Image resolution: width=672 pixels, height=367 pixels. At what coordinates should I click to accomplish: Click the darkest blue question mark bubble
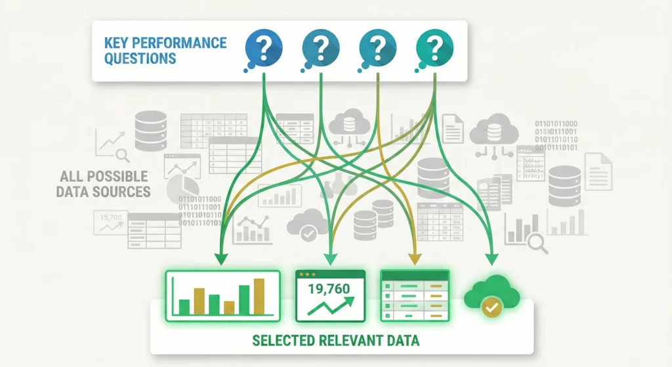point(263,47)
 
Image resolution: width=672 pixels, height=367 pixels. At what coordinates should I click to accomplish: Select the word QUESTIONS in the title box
point(140,58)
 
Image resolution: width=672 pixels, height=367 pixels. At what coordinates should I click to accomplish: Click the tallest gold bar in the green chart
point(259,296)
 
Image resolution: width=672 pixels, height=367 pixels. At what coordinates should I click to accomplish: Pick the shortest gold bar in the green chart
point(229,307)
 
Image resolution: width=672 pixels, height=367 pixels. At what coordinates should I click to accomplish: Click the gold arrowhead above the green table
point(414,256)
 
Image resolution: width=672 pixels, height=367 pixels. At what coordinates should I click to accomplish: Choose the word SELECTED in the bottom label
point(281,341)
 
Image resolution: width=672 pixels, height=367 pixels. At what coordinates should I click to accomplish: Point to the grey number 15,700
point(110,216)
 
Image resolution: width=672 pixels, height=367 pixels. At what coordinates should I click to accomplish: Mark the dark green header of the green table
point(414,275)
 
